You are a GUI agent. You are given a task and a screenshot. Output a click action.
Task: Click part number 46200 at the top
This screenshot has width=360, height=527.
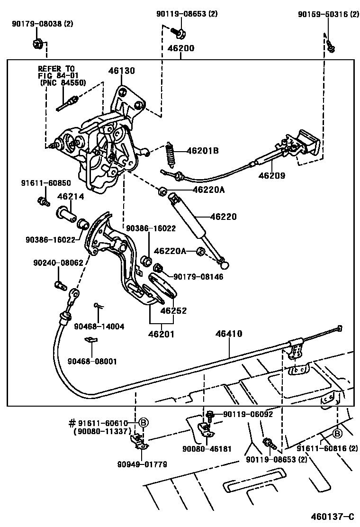180,48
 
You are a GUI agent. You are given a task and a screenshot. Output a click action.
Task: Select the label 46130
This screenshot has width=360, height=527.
122,71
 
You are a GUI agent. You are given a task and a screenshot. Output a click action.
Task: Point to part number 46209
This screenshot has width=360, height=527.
272,175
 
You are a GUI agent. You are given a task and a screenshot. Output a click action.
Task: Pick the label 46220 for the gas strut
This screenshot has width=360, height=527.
223,217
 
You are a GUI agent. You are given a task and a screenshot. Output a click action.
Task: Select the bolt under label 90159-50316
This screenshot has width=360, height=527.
331,46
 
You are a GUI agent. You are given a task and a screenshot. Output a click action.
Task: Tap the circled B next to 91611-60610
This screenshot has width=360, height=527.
144,422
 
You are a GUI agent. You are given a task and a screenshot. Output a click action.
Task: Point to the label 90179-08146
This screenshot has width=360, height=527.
198,276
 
